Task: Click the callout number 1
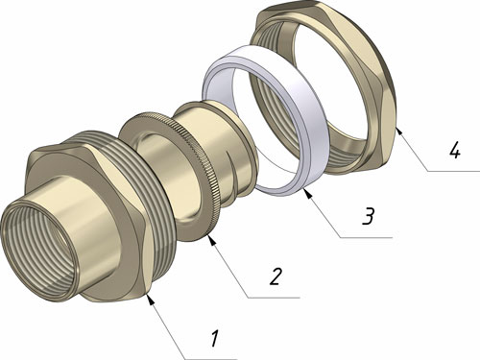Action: [215, 339]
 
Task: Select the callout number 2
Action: [276, 276]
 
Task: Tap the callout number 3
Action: [369, 216]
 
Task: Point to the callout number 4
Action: [455, 150]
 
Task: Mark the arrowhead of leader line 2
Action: [212, 240]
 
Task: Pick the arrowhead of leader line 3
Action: [307, 193]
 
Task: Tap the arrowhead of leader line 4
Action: [398, 131]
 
